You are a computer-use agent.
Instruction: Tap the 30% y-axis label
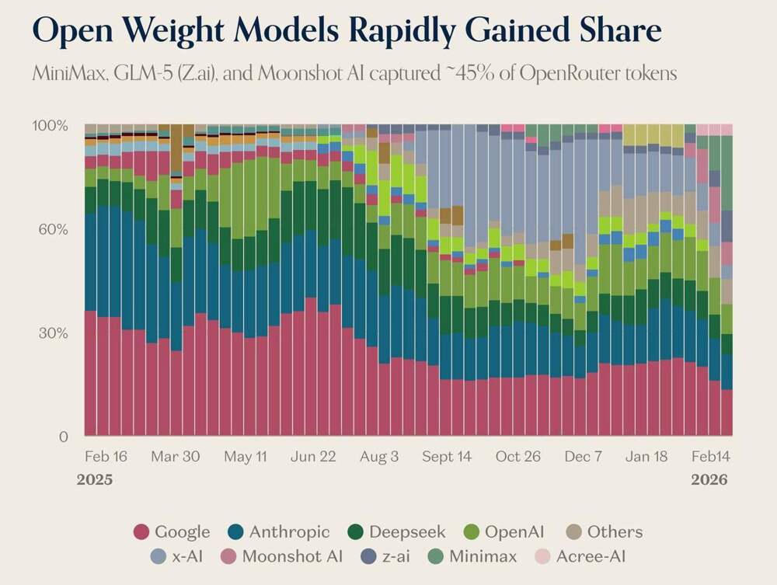tap(54, 333)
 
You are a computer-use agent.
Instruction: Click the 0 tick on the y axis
tap(63, 437)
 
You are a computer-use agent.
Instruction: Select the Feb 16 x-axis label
tap(105, 456)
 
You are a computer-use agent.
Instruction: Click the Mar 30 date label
tap(175, 456)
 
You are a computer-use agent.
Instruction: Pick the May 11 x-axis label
tap(244, 456)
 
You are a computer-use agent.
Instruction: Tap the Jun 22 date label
tap(313, 456)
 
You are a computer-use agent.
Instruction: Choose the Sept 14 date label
tap(447, 456)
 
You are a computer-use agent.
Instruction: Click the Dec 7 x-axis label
tap(584, 456)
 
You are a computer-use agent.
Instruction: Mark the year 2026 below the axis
tap(709, 479)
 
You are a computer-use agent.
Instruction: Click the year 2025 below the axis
tap(94, 479)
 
